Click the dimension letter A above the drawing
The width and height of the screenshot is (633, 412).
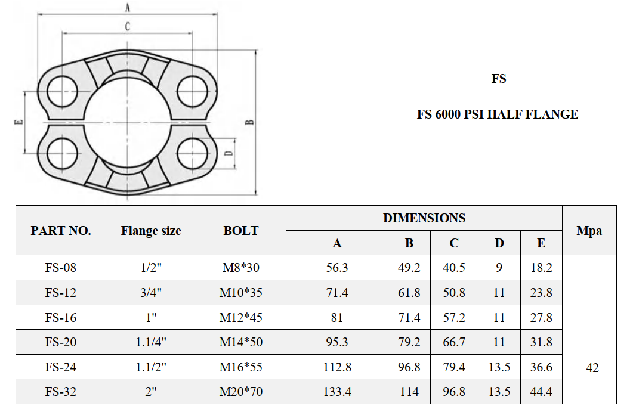(127, 7)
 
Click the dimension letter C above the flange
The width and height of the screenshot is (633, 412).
(127, 26)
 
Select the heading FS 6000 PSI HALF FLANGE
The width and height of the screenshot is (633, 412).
(497, 114)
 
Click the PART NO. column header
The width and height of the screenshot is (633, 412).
(61, 230)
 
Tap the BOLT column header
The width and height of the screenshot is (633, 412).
(241, 230)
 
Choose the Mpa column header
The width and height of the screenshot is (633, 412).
(589, 230)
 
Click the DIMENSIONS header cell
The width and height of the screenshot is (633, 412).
(424, 218)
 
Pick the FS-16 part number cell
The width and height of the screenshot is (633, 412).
(61, 318)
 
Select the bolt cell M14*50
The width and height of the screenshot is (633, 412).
(241, 343)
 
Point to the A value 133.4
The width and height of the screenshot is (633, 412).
(337, 392)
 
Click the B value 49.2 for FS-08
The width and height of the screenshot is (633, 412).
(409, 268)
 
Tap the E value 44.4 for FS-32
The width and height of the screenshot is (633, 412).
(541, 392)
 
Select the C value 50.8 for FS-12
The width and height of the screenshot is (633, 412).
(454, 293)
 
